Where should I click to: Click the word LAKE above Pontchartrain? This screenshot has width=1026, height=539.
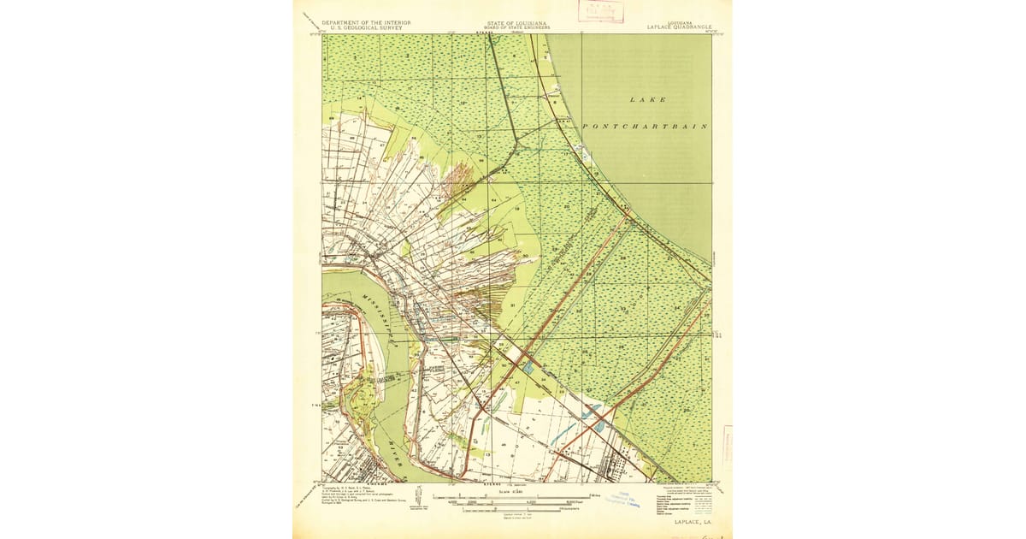[x=647, y=100]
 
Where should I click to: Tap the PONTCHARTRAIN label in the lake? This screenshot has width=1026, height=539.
[x=646, y=126]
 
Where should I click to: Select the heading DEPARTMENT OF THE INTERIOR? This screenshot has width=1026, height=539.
[x=366, y=22]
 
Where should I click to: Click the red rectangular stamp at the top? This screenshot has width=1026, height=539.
[x=601, y=11]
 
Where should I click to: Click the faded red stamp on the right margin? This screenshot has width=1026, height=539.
[x=728, y=444]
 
